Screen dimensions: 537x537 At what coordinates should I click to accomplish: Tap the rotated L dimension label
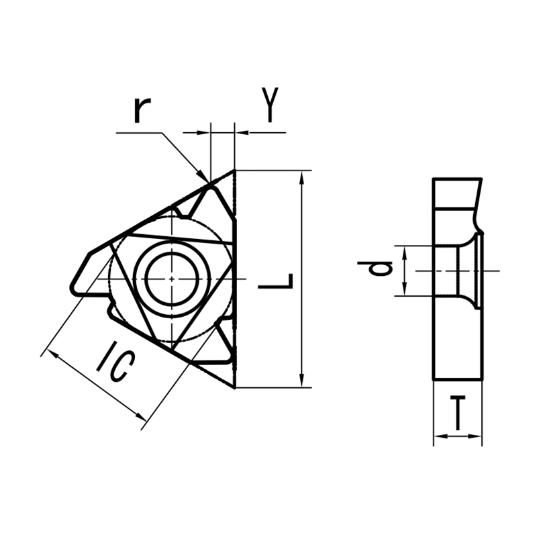coord(276,280)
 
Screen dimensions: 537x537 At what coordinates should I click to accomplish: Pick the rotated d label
coord(380,269)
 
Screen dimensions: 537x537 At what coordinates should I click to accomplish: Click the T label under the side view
coord(457,413)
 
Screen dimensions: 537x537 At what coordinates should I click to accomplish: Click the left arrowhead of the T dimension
coord(438,436)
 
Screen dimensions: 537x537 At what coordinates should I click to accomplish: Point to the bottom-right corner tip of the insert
coord(234,387)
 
